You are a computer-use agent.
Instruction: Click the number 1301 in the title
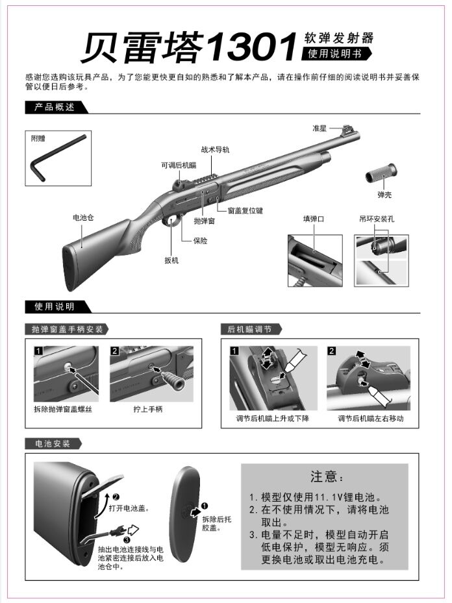click(x=251, y=49)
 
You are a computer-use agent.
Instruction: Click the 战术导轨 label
click(x=215, y=149)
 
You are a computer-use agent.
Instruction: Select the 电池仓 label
click(x=83, y=218)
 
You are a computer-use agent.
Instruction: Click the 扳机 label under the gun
click(x=171, y=260)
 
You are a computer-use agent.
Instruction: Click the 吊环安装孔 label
click(x=377, y=219)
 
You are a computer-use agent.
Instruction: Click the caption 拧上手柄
click(x=147, y=409)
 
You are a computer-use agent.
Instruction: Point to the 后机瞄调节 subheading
click(x=245, y=329)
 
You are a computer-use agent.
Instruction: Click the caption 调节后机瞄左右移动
click(x=371, y=418)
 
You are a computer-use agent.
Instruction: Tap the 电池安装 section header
click(x=53, y=443)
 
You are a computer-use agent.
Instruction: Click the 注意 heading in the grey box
click(x=324, y=477)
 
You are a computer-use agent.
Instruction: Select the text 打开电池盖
click(x=129, y=508)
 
